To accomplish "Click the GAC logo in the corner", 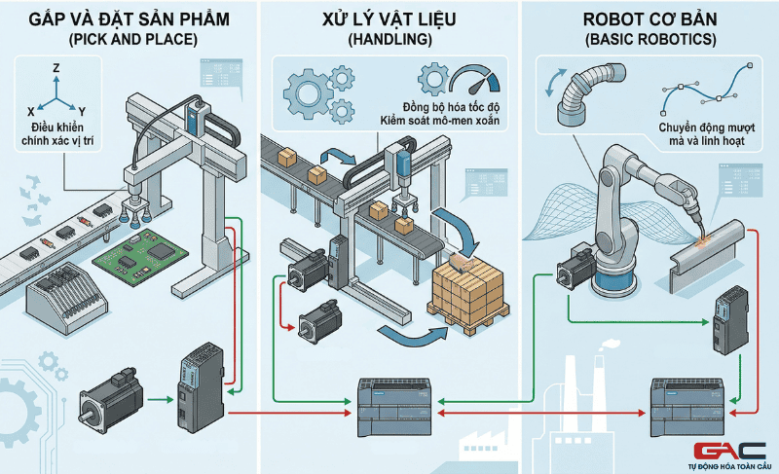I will (x=729, y=450).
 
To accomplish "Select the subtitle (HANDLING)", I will (x=390, y=40).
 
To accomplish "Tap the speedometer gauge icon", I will (x=469, y=80).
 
